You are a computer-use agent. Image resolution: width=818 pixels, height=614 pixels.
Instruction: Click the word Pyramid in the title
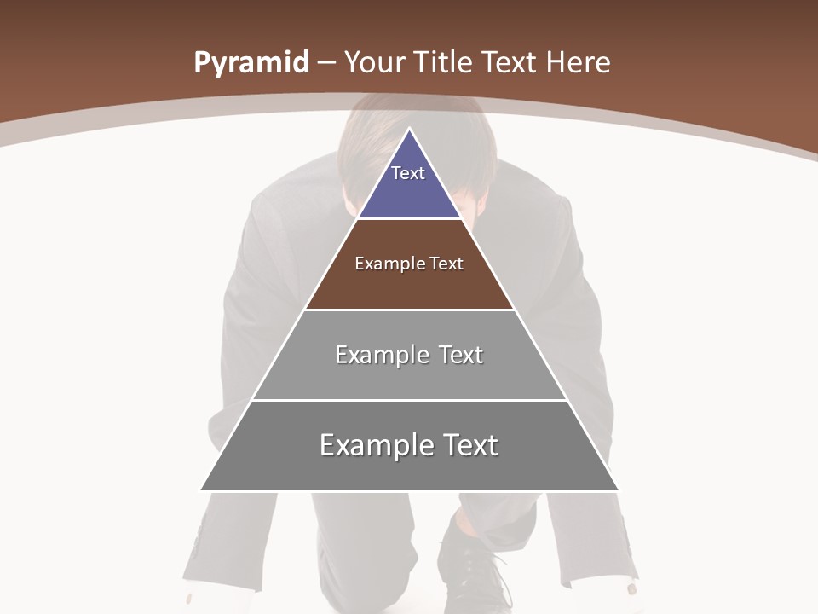click(251, 63)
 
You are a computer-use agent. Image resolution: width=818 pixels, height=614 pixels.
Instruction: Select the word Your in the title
click(374, 63)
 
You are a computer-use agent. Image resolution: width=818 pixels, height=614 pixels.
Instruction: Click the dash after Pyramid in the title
click(326, 63)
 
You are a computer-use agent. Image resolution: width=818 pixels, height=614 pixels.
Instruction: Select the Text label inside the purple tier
click(408, 173)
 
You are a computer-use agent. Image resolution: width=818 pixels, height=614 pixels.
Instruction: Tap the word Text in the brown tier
click(446, 264)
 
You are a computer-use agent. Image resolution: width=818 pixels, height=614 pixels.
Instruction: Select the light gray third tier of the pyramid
click(409, 375)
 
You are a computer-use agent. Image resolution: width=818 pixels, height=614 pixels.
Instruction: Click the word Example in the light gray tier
click(380, 355)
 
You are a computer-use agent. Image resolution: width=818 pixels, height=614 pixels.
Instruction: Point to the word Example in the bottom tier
click(374, 445)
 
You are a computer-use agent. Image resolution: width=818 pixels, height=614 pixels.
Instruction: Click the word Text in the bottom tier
click(466, 445)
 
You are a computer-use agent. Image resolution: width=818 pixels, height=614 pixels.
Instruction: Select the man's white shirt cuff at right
click(629, 588)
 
